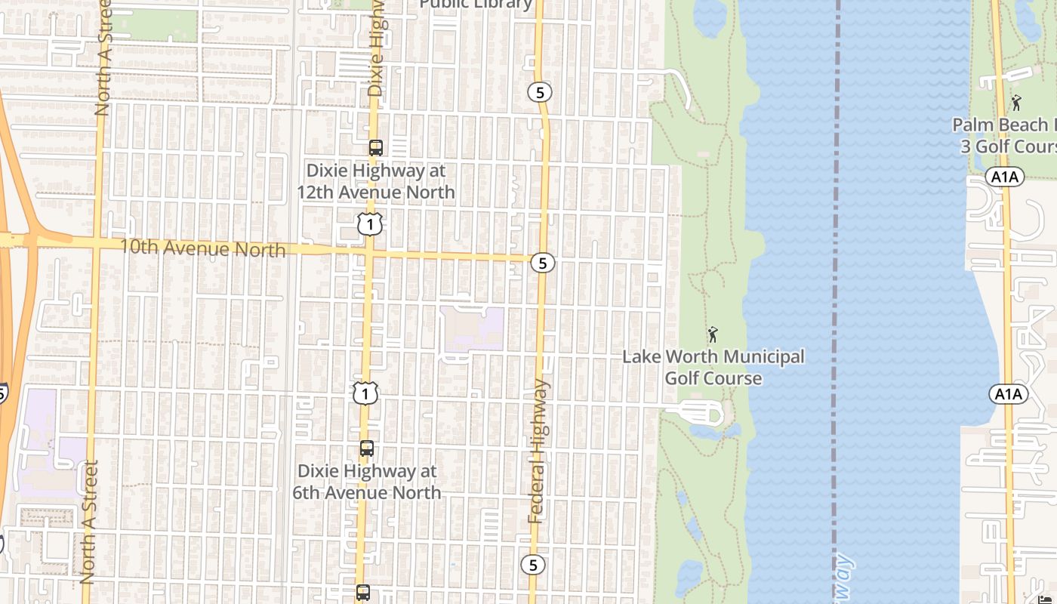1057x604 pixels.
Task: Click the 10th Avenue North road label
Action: (x=202, y=248)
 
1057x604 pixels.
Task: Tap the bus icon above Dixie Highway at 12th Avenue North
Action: (x=375, y=147)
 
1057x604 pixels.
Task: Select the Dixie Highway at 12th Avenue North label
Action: (x=375, y=182)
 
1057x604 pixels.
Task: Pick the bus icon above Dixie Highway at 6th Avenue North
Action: (x=366, y=448)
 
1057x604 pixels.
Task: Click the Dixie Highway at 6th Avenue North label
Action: (x=367, y=482)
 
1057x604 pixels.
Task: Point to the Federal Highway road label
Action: (x=538, y=451)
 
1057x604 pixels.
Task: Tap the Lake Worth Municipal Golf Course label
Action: (x=713, y=367)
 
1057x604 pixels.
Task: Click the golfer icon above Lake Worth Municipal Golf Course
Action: (x=712, y=334)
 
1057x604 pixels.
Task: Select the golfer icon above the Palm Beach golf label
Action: (x=1016, y=103)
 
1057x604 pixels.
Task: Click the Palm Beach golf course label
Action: (x=1004, y=135)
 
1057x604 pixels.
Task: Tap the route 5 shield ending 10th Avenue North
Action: (x=542, y=263)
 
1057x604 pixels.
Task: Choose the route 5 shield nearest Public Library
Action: (x=539, y=92)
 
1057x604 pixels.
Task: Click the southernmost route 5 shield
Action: (x=533, y=565)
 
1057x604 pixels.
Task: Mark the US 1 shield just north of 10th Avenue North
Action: (x=370, y=223)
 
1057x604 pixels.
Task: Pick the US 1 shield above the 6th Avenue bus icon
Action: (x=365, y=393)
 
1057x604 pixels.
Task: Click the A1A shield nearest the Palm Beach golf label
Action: (x=1004, y=177)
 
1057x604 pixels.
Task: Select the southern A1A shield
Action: (x=1008, y=394)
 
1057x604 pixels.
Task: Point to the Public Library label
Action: (x=476, y=5)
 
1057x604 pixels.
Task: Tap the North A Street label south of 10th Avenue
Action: (x=89, y=521)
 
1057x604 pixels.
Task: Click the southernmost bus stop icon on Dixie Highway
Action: (x=363, y=593)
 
